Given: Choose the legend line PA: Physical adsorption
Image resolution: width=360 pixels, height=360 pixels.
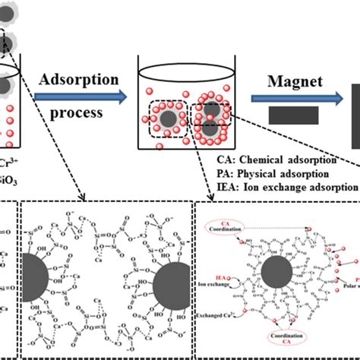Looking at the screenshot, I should [x=277, y=172].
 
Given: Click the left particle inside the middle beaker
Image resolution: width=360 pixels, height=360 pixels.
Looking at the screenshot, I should [x=164, y=119].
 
